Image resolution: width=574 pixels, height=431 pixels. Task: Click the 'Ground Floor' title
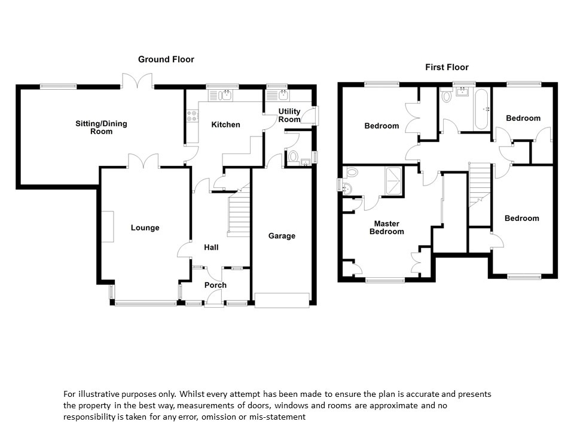(166, 59)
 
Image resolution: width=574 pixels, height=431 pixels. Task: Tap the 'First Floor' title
(447, 67)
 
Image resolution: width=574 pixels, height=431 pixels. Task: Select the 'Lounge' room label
(145, 227)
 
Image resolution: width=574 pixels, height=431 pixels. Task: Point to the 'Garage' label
(282, 236)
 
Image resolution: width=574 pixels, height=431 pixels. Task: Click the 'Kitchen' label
(226, 125)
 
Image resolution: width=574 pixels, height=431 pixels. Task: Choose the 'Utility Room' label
(289, 116)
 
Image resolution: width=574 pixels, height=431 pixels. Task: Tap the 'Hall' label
(211, 247)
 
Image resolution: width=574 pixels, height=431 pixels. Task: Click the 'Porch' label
(215, 285)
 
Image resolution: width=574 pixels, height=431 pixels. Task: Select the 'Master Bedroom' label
(387, 227)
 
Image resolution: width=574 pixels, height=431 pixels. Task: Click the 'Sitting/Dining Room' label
(101, 128)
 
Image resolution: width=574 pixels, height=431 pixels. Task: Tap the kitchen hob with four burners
(193, 115)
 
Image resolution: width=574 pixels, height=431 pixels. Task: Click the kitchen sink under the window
(222, 95)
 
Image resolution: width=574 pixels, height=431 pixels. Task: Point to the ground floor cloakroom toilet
(293, 157)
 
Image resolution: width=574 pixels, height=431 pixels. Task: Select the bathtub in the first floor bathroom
(482, 109)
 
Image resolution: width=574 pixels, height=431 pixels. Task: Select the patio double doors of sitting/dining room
(138, 81)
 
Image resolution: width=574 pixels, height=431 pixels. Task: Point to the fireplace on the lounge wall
(107, 226)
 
